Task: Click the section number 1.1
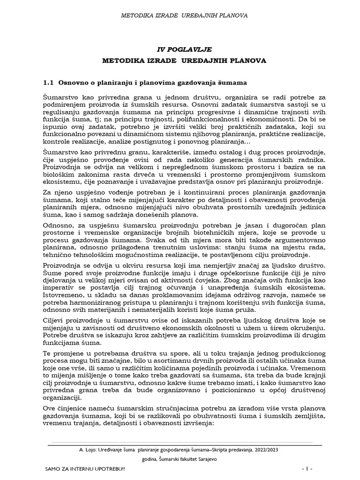[x=49, y=83]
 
